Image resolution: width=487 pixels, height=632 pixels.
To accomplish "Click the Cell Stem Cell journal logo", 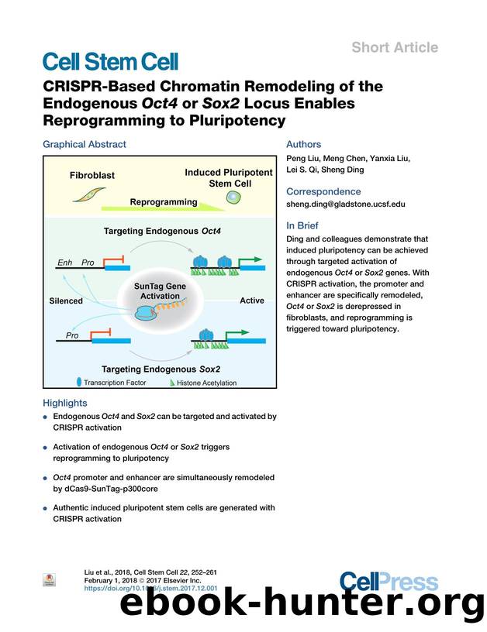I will pos(110,61).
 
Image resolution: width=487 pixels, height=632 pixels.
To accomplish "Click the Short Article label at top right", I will pos(395,47).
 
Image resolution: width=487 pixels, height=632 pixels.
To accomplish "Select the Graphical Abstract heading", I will pos(84,144).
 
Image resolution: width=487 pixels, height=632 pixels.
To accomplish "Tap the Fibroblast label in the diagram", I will pos(92,175).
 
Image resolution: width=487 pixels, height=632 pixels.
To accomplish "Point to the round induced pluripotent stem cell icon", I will pos(233,199).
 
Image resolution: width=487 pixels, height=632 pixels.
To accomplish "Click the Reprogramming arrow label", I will pos(163,202).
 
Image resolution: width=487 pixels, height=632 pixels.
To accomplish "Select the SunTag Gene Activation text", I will pos(159,290).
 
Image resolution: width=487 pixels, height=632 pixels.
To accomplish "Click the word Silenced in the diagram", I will pos(66,301).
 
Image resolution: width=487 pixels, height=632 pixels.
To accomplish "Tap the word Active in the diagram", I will pos(252,301).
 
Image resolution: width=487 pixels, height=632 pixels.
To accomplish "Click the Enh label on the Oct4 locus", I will pos(65,263).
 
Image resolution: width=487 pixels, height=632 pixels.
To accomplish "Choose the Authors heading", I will pos(304,144).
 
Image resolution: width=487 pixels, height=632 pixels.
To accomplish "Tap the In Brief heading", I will pos(303,226).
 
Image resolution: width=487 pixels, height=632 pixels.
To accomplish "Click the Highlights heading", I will pos(65,403).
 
